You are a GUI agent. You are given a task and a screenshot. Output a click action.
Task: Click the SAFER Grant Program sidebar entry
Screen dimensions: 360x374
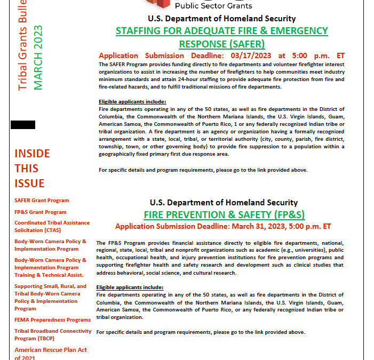click(42, 201)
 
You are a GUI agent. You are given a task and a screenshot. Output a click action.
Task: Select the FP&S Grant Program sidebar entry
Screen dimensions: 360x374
click(41, 212)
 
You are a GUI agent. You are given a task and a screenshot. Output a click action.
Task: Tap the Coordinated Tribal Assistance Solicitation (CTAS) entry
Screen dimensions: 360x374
click(52, 226)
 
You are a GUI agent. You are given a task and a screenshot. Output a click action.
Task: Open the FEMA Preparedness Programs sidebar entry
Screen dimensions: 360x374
click(52, 320)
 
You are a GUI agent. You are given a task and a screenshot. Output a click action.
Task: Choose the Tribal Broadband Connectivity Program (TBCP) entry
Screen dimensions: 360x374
click(53, 334)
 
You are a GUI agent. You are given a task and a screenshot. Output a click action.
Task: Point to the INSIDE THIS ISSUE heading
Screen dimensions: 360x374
click(32, 169)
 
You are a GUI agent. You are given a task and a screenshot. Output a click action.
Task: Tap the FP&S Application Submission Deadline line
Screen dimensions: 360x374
click(223, 226)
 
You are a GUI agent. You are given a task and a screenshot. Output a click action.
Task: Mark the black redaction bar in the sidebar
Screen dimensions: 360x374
click(23, 125)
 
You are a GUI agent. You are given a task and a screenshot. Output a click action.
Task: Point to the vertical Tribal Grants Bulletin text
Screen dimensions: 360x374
click(22, 45)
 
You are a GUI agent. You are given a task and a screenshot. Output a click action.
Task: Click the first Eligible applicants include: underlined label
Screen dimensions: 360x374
click(132, 102)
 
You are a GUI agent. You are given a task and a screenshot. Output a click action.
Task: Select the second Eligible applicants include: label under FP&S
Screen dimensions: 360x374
click(130, 287)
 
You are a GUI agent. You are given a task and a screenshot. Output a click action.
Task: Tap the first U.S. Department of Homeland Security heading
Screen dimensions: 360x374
click(222, 18)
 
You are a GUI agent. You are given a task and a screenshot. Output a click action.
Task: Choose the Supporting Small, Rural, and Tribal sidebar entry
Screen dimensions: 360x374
click(50, 297)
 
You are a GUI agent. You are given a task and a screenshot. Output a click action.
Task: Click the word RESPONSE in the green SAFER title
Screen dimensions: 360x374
click(204, 44)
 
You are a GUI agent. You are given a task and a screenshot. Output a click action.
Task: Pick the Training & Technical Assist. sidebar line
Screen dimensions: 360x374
click(49, 275)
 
